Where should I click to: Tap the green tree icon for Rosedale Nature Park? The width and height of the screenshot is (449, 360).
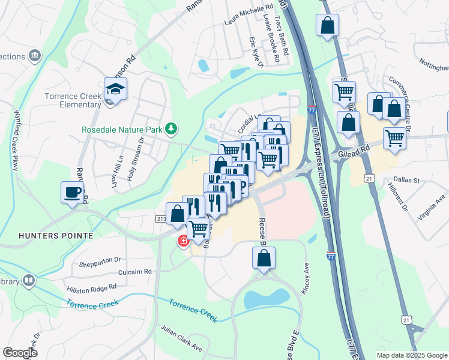[172, 128]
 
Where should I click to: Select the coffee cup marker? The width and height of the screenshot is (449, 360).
[72, 193]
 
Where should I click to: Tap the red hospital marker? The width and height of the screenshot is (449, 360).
[181, 241]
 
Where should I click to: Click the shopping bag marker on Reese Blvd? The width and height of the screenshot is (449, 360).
[263, 259]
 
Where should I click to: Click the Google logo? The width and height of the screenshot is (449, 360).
[20, 353]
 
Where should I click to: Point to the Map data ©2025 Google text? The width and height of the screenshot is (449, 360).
[411, 355]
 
